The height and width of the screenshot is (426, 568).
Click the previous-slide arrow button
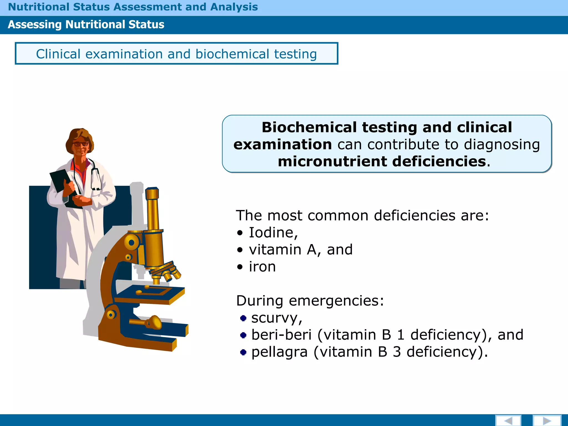click(508, 420)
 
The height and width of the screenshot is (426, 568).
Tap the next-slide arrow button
click(547, 420)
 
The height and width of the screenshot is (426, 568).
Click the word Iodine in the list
click(273, 232)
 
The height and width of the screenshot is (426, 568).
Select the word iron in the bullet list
click(262, 267)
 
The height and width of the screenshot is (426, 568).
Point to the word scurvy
click(276, 318)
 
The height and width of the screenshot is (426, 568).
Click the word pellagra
click(280, 352)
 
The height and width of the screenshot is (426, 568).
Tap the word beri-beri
click(282, 335)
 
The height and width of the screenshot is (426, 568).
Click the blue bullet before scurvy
click(243, 318)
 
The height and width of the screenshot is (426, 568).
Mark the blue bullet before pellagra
click(243, 352)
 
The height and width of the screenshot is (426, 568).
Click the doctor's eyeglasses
click(81, 144)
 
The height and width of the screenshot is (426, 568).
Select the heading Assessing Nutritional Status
click(86, 25)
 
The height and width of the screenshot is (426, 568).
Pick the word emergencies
click(336, 301)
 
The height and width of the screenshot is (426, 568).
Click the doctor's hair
click(79, 136)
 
